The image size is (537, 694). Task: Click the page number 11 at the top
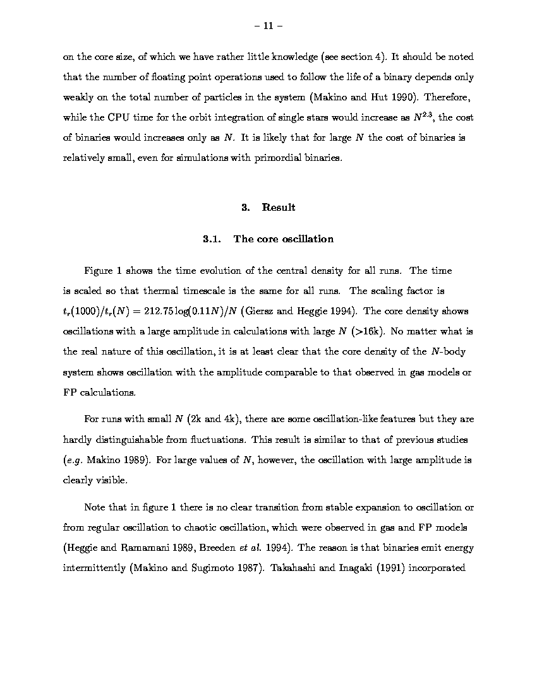click(268, 26)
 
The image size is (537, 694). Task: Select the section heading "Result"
click(279, 207)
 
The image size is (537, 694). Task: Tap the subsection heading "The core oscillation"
click(283, 238)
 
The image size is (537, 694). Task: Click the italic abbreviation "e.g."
click(73, 460)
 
